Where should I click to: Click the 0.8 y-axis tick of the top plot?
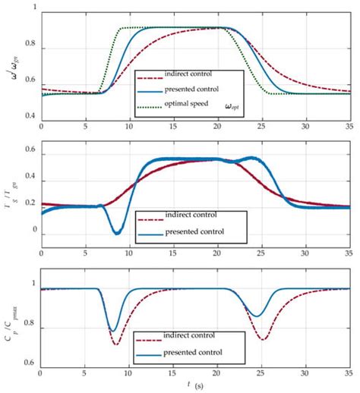point(31,49)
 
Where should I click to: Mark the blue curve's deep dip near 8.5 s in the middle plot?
point(116,232)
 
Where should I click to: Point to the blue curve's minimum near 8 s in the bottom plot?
point(113,331)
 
